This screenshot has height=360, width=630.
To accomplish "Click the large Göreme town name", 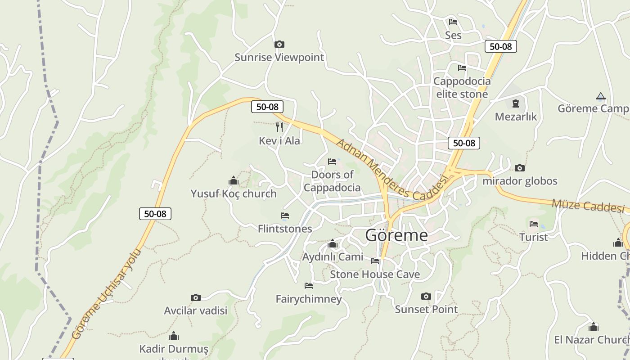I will point(396,235).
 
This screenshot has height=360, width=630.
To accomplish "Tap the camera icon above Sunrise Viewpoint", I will point(279,44).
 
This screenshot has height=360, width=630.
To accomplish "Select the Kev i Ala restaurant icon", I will point(279,127).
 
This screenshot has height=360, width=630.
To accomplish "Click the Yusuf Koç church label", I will point(234,194).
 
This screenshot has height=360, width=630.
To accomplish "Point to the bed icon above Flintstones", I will point(284,216).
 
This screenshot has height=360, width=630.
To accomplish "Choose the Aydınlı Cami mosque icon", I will point(333,244).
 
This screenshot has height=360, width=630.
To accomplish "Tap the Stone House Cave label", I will point(375,274).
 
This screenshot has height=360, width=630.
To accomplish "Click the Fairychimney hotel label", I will point(309,299).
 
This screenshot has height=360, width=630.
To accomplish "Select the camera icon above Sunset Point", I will point(426,296).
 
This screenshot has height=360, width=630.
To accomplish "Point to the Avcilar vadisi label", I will point(196,310).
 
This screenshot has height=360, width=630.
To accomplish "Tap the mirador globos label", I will point(520,181).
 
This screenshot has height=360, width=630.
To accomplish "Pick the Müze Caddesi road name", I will point(588,205).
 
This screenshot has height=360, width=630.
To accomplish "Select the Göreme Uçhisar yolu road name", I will point(106,294).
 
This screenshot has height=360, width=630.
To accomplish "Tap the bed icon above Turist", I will point(534,224).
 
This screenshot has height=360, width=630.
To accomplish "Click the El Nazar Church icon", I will point(594,327).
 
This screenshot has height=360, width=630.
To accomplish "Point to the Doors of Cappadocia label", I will point(332,181).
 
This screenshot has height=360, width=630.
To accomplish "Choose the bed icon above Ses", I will point(453,22).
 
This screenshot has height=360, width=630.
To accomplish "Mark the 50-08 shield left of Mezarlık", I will point(464,143).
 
